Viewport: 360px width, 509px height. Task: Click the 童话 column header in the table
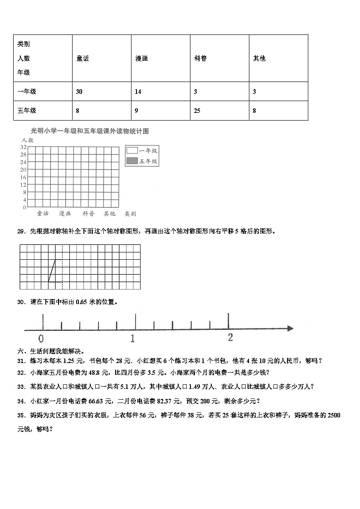(x=83, y=58)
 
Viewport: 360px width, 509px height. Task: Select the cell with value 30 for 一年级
(x=79, y=92)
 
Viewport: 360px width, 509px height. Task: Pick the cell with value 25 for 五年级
(x=197, y=111)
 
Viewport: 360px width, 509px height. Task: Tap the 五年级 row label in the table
(x=27, y=111)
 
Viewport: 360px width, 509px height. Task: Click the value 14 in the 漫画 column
(x=138, y=92)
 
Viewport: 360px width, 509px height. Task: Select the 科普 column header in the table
(x=200, y=58)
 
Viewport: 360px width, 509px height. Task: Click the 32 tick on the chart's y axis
(x=23, y=147)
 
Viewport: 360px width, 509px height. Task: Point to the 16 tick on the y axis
(x=23, y=177)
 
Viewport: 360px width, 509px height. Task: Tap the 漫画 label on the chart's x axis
(x=65, y=213)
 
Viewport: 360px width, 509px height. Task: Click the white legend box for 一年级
(x=132, y=151)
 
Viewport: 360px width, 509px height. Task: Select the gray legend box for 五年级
(x=132, y=161)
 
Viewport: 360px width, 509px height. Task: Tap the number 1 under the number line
(x=133, y=338)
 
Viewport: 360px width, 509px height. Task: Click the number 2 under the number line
(x=230, y=337)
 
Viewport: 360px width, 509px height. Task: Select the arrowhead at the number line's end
(x=290, y=328)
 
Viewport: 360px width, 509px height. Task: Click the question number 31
(x=20, y=361)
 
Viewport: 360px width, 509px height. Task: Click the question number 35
(x=20, y=415)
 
